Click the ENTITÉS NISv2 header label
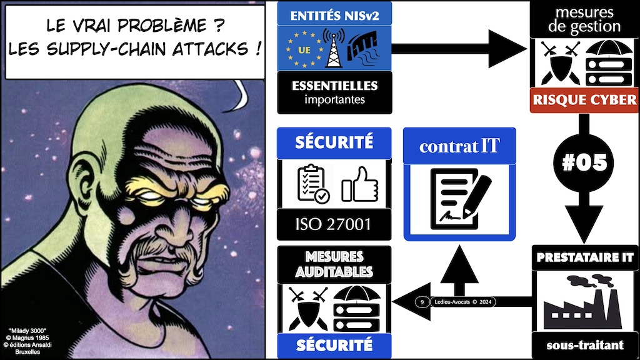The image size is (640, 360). click(334, 16)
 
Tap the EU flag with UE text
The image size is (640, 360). click(304, 49)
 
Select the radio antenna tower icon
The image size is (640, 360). click(334, 48)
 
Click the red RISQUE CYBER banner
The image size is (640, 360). click(584, 100)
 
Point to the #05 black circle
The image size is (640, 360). click(584, 162)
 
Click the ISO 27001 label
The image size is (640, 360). click(334, 224)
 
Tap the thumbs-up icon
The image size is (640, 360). click(359, 184)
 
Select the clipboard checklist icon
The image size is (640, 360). click(313, 184)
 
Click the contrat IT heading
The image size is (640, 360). click(459, 146)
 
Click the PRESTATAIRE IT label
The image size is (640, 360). click(585, 257)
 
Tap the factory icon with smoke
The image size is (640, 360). click(583, 302)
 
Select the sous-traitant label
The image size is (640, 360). click(585, 345)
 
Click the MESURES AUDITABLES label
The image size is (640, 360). click(334, 264)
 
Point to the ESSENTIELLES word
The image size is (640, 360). click(335, 86)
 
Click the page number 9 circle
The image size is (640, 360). click(422, 302)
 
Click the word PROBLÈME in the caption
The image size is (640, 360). click(162, 25)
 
